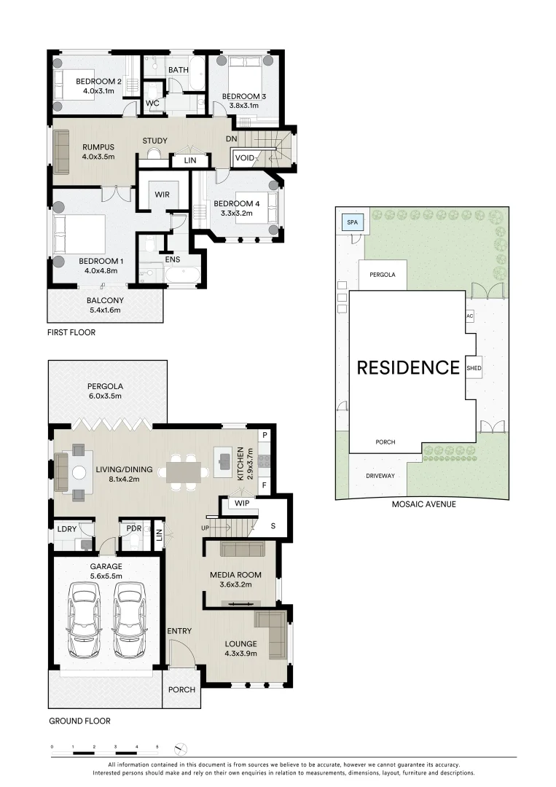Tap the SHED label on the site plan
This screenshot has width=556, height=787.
coord(474,369)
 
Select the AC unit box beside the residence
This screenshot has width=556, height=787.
coord(470,316)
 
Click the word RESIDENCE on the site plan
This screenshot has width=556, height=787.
coord(407,368)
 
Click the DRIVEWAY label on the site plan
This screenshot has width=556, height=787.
coord(380,476)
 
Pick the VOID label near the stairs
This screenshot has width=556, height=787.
coord(244,158)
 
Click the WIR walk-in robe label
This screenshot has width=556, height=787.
coord(160,195)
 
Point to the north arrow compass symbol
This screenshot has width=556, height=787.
coord(181,748)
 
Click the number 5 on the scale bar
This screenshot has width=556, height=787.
coord(157,747)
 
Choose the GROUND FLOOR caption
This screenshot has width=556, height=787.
coord(79,721)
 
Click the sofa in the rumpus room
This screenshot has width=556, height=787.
coord(60,152)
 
